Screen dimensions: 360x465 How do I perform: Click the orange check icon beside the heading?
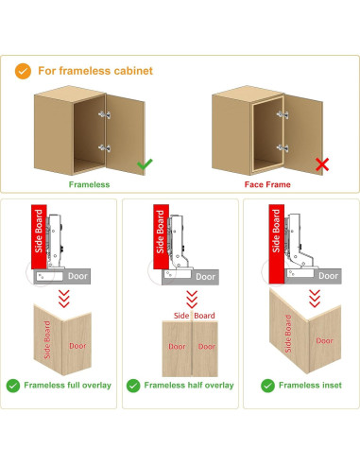[x=23, y=71]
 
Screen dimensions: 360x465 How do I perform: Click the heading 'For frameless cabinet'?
[x=95, y=71]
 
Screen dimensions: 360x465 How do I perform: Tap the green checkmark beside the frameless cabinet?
[x=145, y=164]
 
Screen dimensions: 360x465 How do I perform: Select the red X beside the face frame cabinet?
[x=322, y=164]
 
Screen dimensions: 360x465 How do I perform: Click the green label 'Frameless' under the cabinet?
[x=90, y=184]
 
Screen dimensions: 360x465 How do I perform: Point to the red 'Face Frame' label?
[x=267, y=184]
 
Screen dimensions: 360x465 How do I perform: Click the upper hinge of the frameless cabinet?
[x=104, y=114]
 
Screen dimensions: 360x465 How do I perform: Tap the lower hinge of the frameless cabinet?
[x=104, y=147]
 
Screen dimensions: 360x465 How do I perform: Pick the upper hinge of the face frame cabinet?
[x=283, y=114]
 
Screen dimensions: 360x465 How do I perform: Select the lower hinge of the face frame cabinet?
[x=283, y=147]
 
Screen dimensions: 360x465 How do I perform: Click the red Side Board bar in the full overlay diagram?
[x=39, y=236]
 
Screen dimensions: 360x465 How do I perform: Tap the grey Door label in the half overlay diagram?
[x=205, y=277]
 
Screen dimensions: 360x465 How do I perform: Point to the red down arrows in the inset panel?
[x=315, y=299]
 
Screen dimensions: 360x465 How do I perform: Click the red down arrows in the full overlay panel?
[x=64, y=299]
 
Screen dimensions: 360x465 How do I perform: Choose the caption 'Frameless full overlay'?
[x=68, y=386]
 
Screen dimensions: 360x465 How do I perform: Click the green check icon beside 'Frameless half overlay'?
[x=133, y=386]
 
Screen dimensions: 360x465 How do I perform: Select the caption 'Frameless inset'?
[x=310, y=386]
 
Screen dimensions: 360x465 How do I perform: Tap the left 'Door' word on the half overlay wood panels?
[x=177, y=347]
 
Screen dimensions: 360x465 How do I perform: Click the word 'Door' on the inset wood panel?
[x=324, y=341]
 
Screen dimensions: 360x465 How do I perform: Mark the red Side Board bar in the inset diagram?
[x=277, y=244]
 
